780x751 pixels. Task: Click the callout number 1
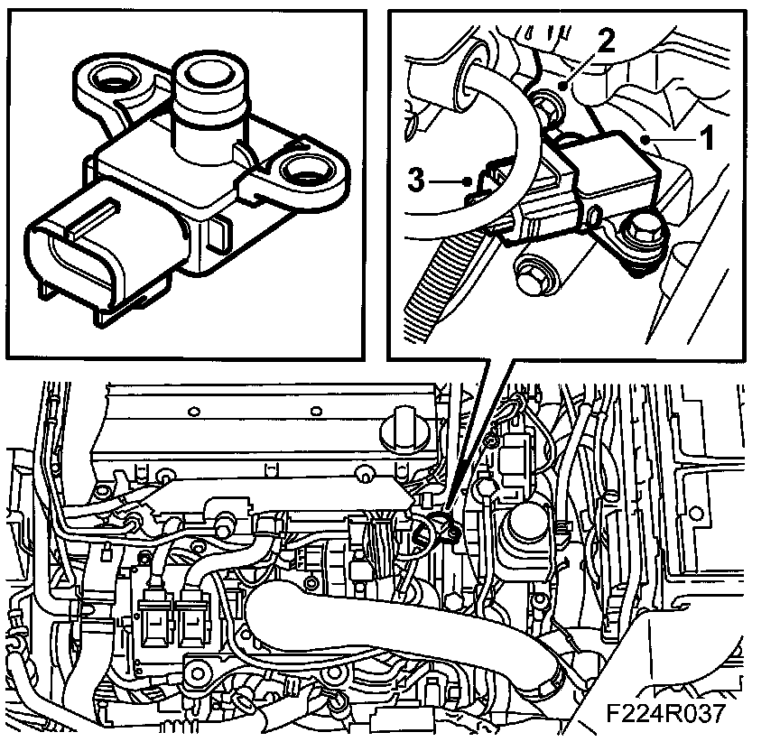706,137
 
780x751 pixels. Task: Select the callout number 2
606,41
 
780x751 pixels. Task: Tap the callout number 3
416,179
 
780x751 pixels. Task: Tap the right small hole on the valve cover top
315,412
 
